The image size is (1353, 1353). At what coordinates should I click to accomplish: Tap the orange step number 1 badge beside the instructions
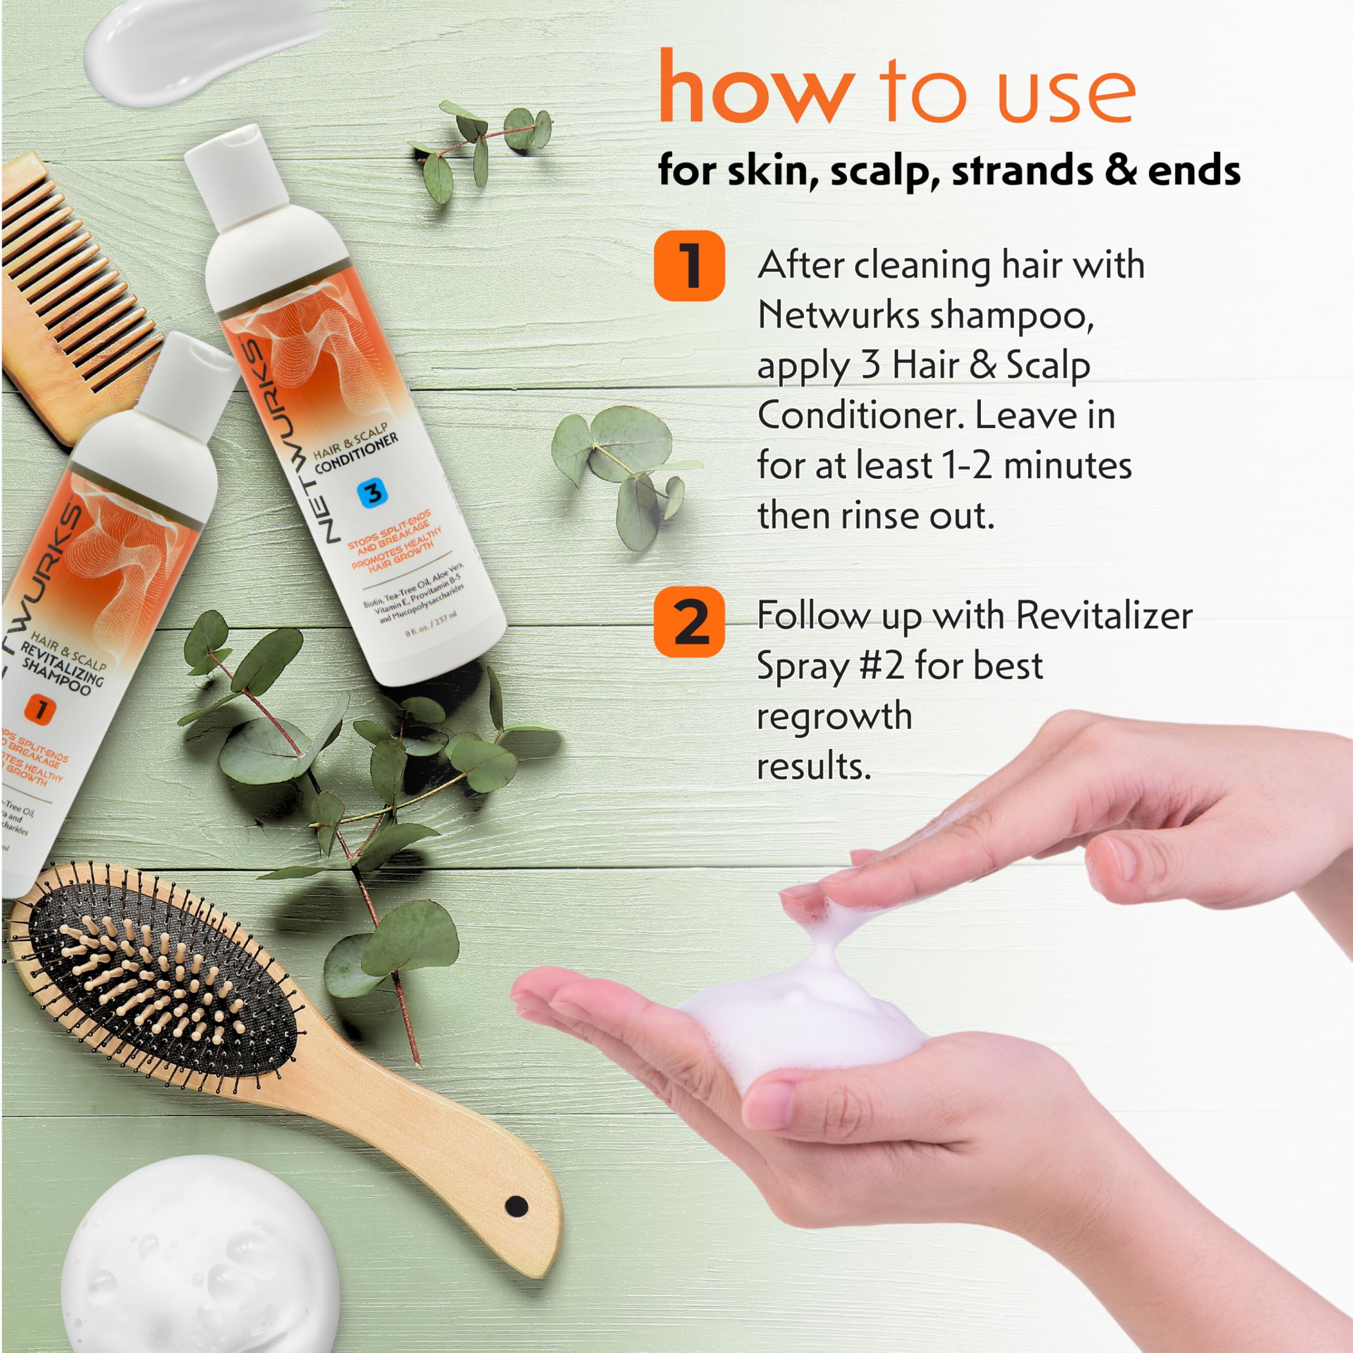click(689, 266)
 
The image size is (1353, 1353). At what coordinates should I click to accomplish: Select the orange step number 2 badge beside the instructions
click(689, 623)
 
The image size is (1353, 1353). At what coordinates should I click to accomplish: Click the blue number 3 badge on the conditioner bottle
click(373, 493)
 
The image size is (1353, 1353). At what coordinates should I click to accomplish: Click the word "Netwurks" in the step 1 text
click(838, 315)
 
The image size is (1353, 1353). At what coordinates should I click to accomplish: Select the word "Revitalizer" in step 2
click(1104, 616)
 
